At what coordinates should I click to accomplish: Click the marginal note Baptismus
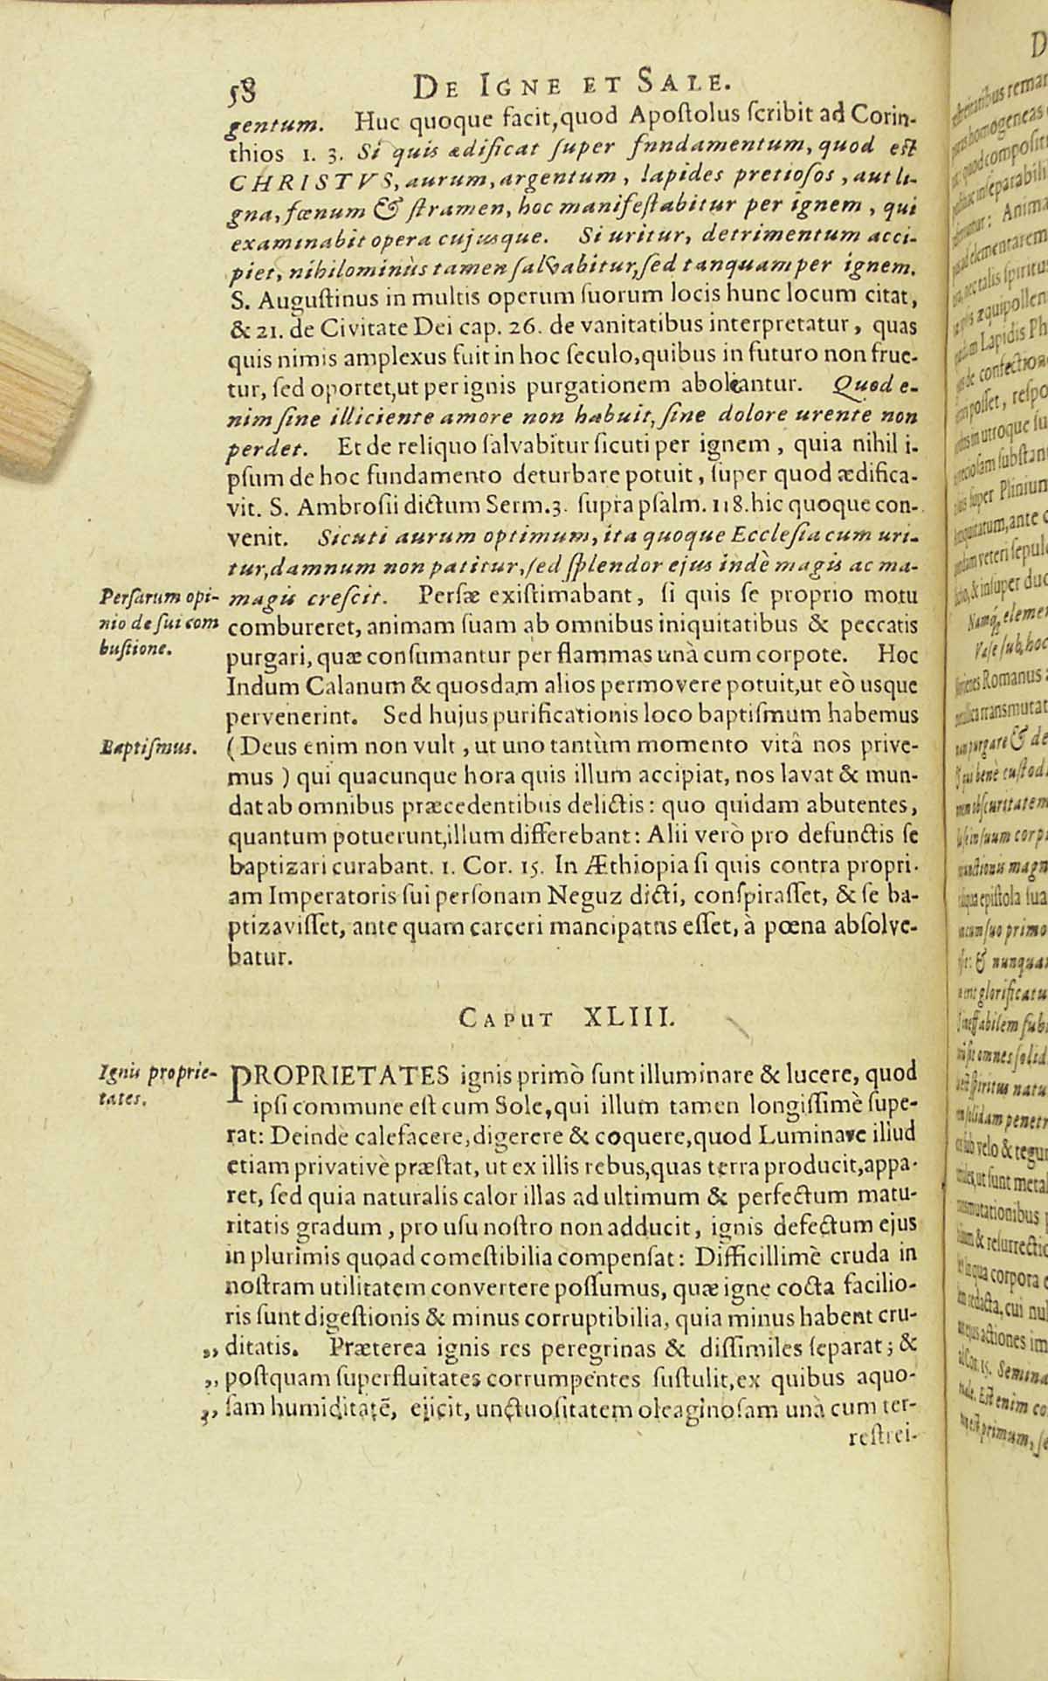click(x=149, y=747)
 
